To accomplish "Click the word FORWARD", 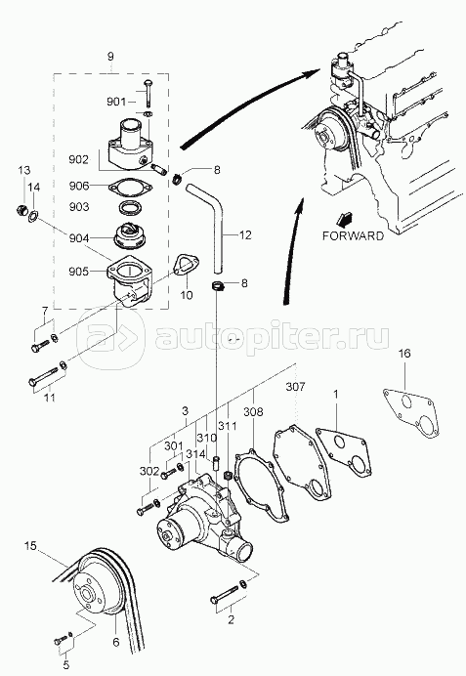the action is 353,235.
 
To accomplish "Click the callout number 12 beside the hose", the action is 245,235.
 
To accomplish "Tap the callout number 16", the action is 404,354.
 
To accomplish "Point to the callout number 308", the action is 253,412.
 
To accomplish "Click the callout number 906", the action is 79,186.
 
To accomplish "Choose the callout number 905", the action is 79,272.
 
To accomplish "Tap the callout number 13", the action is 24,170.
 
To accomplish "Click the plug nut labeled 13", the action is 21,211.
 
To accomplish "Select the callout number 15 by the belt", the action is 30,546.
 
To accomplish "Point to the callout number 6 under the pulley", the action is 116,643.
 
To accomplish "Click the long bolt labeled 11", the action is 43,377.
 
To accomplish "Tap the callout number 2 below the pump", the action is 232,620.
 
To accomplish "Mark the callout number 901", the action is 116,102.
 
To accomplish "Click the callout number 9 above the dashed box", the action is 110,56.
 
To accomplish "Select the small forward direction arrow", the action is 345,220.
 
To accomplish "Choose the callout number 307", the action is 295,386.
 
